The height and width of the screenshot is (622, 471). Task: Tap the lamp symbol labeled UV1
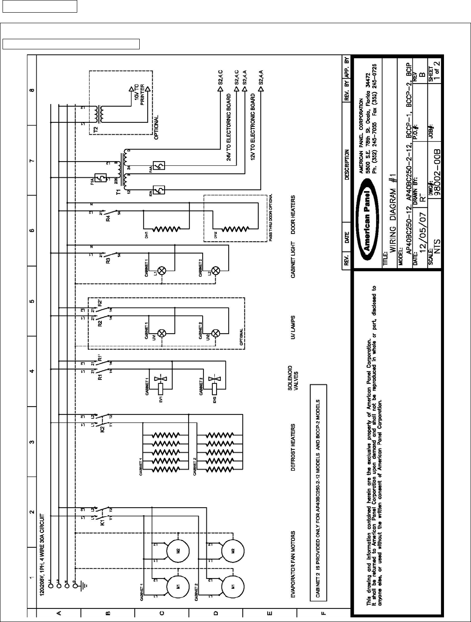click(160, 333)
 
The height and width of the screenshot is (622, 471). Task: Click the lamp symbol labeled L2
click(215, 270)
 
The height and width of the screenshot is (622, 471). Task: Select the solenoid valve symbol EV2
click(215, 388)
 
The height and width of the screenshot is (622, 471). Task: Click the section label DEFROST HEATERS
click(292, 447)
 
